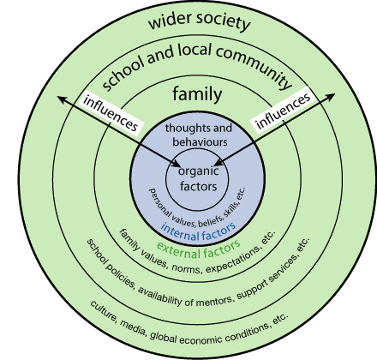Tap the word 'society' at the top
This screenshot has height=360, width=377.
pyautogui.click(x=224, y=21)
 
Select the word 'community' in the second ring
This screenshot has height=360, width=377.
pyautogui.click(x=254, y=66)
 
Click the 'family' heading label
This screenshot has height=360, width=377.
pyautogui.click(x=197, y=93)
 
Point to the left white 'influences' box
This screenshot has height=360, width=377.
pyautogui.click(x=111, y=114)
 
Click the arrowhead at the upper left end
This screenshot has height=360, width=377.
pyautogui.click(x=61, y=99)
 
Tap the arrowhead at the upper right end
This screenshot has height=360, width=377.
pyautogui.click(x=332, y=96)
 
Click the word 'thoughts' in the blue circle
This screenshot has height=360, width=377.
pyautogui.click(x=183, y=128)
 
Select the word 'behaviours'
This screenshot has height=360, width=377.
pyautogui.click(x=200, y=142)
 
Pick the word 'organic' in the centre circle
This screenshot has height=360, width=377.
pyautogui.click(x=199, y=171)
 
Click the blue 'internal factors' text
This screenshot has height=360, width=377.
pyautogui.click(x=199, y=231)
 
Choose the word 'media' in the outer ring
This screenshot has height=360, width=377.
pyautogui.click(x=133, y=327)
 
